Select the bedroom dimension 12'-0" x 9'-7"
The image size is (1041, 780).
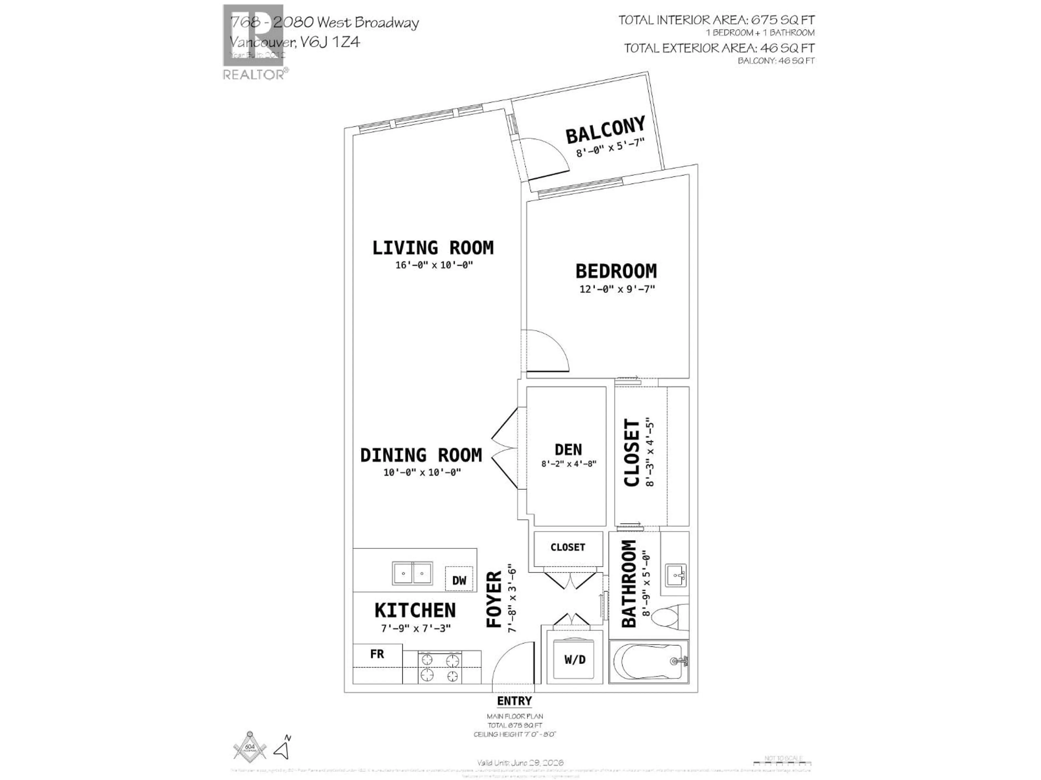[617, 289]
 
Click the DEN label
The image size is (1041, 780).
[568, 450]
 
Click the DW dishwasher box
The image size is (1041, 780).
[459, 580]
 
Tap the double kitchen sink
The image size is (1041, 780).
[412, 573]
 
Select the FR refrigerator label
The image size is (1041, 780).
[377, 654]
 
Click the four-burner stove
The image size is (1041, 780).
[439, 668]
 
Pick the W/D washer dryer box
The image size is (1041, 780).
[575, 660]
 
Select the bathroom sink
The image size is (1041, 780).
[676, 574]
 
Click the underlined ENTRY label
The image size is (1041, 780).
[514, 701]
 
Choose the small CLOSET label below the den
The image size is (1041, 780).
[568, 547]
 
